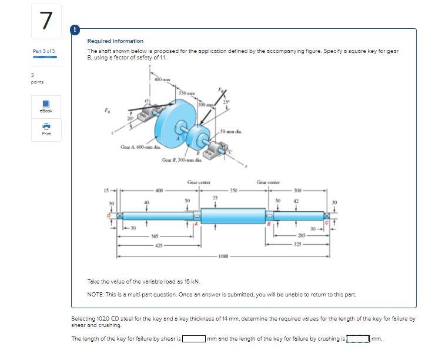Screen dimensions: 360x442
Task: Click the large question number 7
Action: (x=46, y=21)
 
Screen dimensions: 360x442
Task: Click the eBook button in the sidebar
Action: (x=46, y=106)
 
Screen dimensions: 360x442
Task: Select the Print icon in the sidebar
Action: (x=46, y=129)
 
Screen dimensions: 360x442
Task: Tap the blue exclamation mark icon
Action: (x=75, y=29)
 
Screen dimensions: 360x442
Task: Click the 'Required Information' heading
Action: (x=115, y=41)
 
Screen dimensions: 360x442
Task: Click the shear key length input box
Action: (x=193, y=339)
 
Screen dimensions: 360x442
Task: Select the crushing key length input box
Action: (x=359, y=339)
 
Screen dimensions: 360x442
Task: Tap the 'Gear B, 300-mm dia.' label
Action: (x=182, y=159)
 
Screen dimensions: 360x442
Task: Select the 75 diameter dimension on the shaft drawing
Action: (x=215, y=197)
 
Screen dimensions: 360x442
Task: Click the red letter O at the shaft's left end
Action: (x=108, y=215)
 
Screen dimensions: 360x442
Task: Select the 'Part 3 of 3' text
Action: (x=44, y=52)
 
